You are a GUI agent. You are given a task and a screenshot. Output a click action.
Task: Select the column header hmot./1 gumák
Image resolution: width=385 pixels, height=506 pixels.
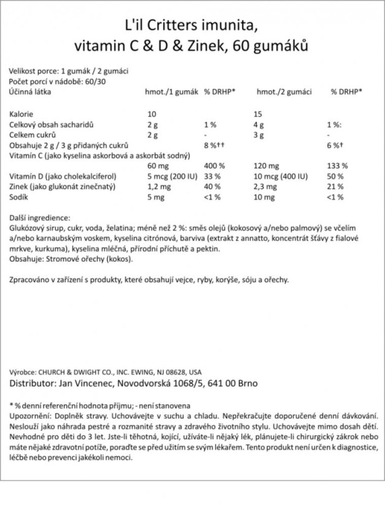171,91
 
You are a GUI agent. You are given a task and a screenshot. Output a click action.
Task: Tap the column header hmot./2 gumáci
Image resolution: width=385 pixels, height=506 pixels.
284,91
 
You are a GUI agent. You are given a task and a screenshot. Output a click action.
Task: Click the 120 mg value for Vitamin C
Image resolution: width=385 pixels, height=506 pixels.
266,165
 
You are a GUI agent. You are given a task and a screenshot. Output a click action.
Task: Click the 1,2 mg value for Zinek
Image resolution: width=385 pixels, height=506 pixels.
158,187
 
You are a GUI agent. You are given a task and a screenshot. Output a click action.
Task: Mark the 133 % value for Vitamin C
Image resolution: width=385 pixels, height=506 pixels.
338,165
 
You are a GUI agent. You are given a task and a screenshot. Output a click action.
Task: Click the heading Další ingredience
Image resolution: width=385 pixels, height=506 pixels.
40,217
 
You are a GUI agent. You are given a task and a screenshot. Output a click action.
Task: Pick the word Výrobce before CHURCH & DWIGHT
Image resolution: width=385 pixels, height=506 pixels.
23,372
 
